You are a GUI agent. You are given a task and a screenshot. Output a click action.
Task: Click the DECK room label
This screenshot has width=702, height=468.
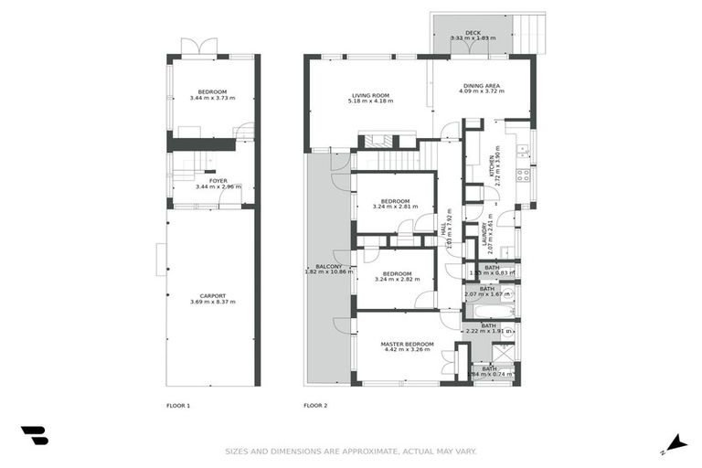pyautogui.click(x=473, y=32)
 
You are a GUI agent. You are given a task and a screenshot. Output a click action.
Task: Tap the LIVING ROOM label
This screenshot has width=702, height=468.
pyautogui.click(x=370, y=94)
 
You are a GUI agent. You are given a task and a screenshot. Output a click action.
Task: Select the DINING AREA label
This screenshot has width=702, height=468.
pyautogui.click(x=480, y=86)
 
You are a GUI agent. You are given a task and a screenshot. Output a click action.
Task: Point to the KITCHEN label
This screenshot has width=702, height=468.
pyautogui.click(x=491, y=167)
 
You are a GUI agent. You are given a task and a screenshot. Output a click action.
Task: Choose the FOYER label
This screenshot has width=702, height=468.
pyautogui.click(x=218, y=180)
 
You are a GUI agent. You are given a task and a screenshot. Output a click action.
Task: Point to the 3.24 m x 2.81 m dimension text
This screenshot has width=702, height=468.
pyautogui.click(x=395, y=207)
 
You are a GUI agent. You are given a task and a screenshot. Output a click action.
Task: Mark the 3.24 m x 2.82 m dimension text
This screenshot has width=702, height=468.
pyautogui.click(x=395, y=280)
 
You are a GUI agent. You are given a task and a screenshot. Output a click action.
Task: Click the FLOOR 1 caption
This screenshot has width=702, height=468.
pyautogui.click(x=177, y=404)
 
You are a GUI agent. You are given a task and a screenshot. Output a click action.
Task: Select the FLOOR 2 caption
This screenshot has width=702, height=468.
pyautogui.click(x=315, y=404)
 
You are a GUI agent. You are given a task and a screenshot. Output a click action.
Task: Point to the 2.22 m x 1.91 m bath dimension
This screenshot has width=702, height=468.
pyautogui.click(x=489, y=331)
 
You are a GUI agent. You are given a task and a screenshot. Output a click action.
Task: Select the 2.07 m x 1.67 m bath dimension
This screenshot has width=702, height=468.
pyautogui.click(x=487, y=294)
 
